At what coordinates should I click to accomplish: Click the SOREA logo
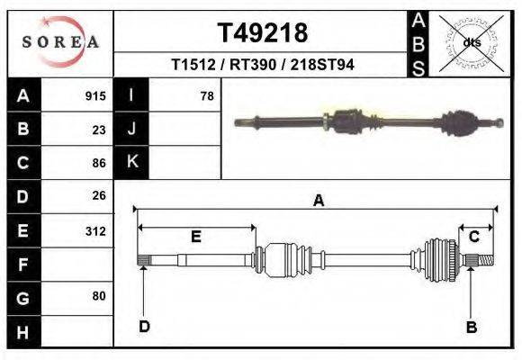[x=59, y=42]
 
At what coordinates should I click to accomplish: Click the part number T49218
[x=263, y=32]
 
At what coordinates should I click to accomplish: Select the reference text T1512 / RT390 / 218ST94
[x=262, y=66]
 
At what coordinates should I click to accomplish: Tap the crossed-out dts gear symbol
[x=472, y=42]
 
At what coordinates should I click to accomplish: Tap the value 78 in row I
[x=206, y=95]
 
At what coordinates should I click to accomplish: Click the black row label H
[x=22, y=331]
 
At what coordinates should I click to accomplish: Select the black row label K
[x=132, y=163]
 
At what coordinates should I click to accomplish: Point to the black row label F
[x=22, y=264]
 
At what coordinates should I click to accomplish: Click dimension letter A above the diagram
[x=318, y=202]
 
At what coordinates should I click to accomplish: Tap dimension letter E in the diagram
[x=195, y=237]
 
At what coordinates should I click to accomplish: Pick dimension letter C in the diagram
[x=473, y=236]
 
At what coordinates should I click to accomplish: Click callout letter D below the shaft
[x=144, y=327]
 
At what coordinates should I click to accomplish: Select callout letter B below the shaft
[x=471, y=328]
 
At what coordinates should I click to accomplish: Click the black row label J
[x=132, y=129]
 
